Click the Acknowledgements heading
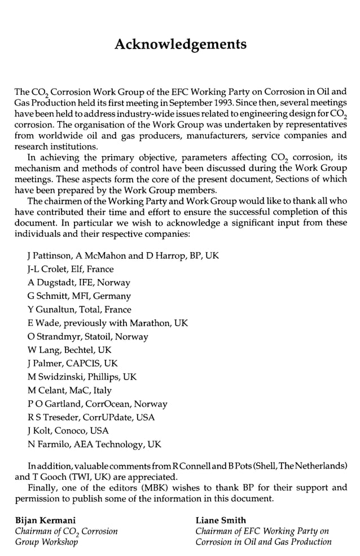coord(180,44)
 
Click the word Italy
coord(100,390)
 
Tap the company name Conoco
coord(67,431)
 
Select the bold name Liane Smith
coord(221,520)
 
